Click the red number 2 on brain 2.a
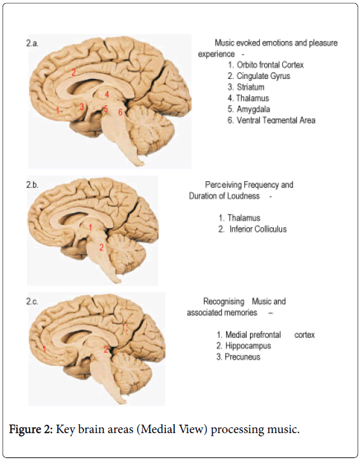coord(73,72)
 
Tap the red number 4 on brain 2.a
coord(107,94)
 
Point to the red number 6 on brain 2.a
coord(120,112)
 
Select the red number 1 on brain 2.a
coord(58,111)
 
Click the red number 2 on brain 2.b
coord(102,247)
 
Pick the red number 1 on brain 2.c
coord(44,349)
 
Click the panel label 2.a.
coord(32,44)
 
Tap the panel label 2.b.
coord(32,185)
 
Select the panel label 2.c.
coord(32,301)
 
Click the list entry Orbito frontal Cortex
coord(270,65)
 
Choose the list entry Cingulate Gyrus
coord(264,76)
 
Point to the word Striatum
coord(251,87)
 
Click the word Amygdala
coord(253,109)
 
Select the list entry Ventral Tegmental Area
coord(276,120)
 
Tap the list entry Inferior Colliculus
coord(258,229)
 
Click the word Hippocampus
coord(248,346)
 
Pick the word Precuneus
coord(242,357)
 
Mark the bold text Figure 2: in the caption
coord(31,430)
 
